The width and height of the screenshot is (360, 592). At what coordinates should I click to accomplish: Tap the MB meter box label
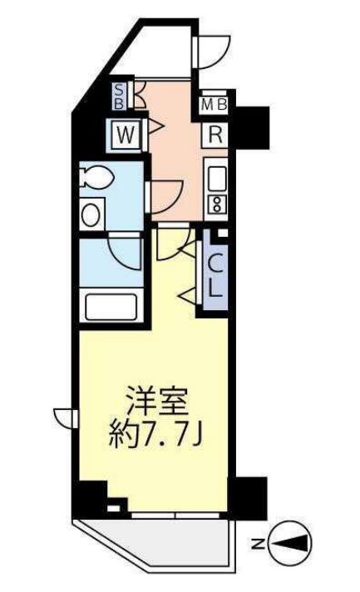(x=217, y=105)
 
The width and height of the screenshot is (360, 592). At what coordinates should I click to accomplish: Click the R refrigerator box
(x=215, y=132)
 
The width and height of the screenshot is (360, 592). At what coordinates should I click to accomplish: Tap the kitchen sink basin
(x=216, y=177)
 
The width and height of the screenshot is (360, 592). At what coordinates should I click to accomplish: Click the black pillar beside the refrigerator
(x=252, y=125)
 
